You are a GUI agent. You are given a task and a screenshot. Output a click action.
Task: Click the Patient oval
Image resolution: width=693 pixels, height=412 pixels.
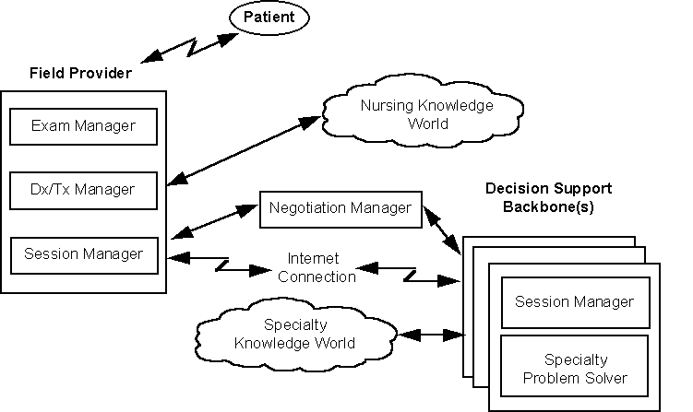[269, 16]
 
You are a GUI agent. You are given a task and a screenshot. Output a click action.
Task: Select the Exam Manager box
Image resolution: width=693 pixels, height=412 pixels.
[83, 126]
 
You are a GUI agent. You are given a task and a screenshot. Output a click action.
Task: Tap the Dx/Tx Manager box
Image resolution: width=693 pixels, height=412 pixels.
[83, 190]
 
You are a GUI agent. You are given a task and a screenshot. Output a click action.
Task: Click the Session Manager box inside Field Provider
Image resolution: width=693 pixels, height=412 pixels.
[83, 253]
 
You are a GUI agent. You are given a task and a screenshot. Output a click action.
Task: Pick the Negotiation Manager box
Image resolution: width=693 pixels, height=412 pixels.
[341, 208]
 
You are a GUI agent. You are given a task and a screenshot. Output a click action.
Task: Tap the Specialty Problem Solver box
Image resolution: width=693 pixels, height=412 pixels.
[574, 370]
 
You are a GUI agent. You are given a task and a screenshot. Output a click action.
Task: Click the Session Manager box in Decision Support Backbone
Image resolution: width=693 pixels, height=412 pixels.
[574, 301]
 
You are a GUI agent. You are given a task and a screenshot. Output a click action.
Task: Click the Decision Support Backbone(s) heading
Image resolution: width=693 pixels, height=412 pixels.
[548, 197]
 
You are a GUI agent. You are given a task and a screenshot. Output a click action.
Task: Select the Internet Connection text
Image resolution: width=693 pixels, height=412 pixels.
[313, 267]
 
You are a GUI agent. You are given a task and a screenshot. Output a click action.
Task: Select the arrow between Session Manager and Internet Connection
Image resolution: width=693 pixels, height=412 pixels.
[220, 264]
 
